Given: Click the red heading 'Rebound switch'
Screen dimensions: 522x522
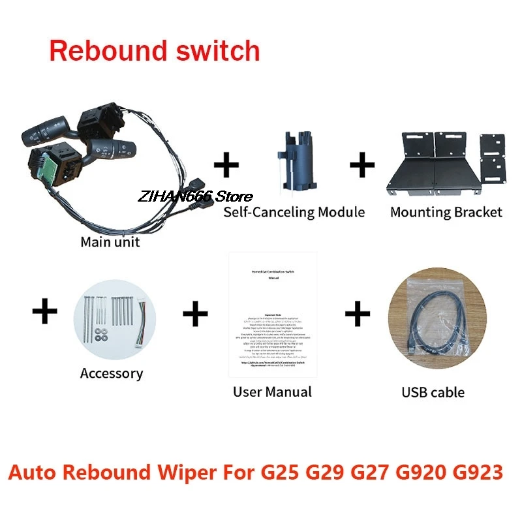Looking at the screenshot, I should pyautogui.click(x=155, y=51).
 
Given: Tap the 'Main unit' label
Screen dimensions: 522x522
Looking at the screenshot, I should pyautogui.click(x=110, y=242).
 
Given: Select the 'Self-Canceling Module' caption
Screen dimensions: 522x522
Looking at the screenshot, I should pyautogui.click(x=294, y=212).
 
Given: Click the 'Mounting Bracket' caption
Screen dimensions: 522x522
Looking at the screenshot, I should pyautogui.click(x=446, y=212).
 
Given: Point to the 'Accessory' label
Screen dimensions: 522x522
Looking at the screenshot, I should pyautogui.click(x=112, y=373).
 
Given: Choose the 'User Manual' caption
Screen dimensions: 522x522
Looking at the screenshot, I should pyautogui.click(x=272, y=391).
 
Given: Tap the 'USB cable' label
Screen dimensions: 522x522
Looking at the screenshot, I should pyautogui.click(x=433, y=392).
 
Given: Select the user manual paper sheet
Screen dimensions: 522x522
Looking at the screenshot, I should pyautogui.click(x=272, y=315).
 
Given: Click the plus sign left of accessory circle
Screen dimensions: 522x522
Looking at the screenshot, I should pyautogui.click(x=44, y=312).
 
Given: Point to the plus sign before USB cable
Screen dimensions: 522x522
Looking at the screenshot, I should pyautogui.click(x=357, y=314).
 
